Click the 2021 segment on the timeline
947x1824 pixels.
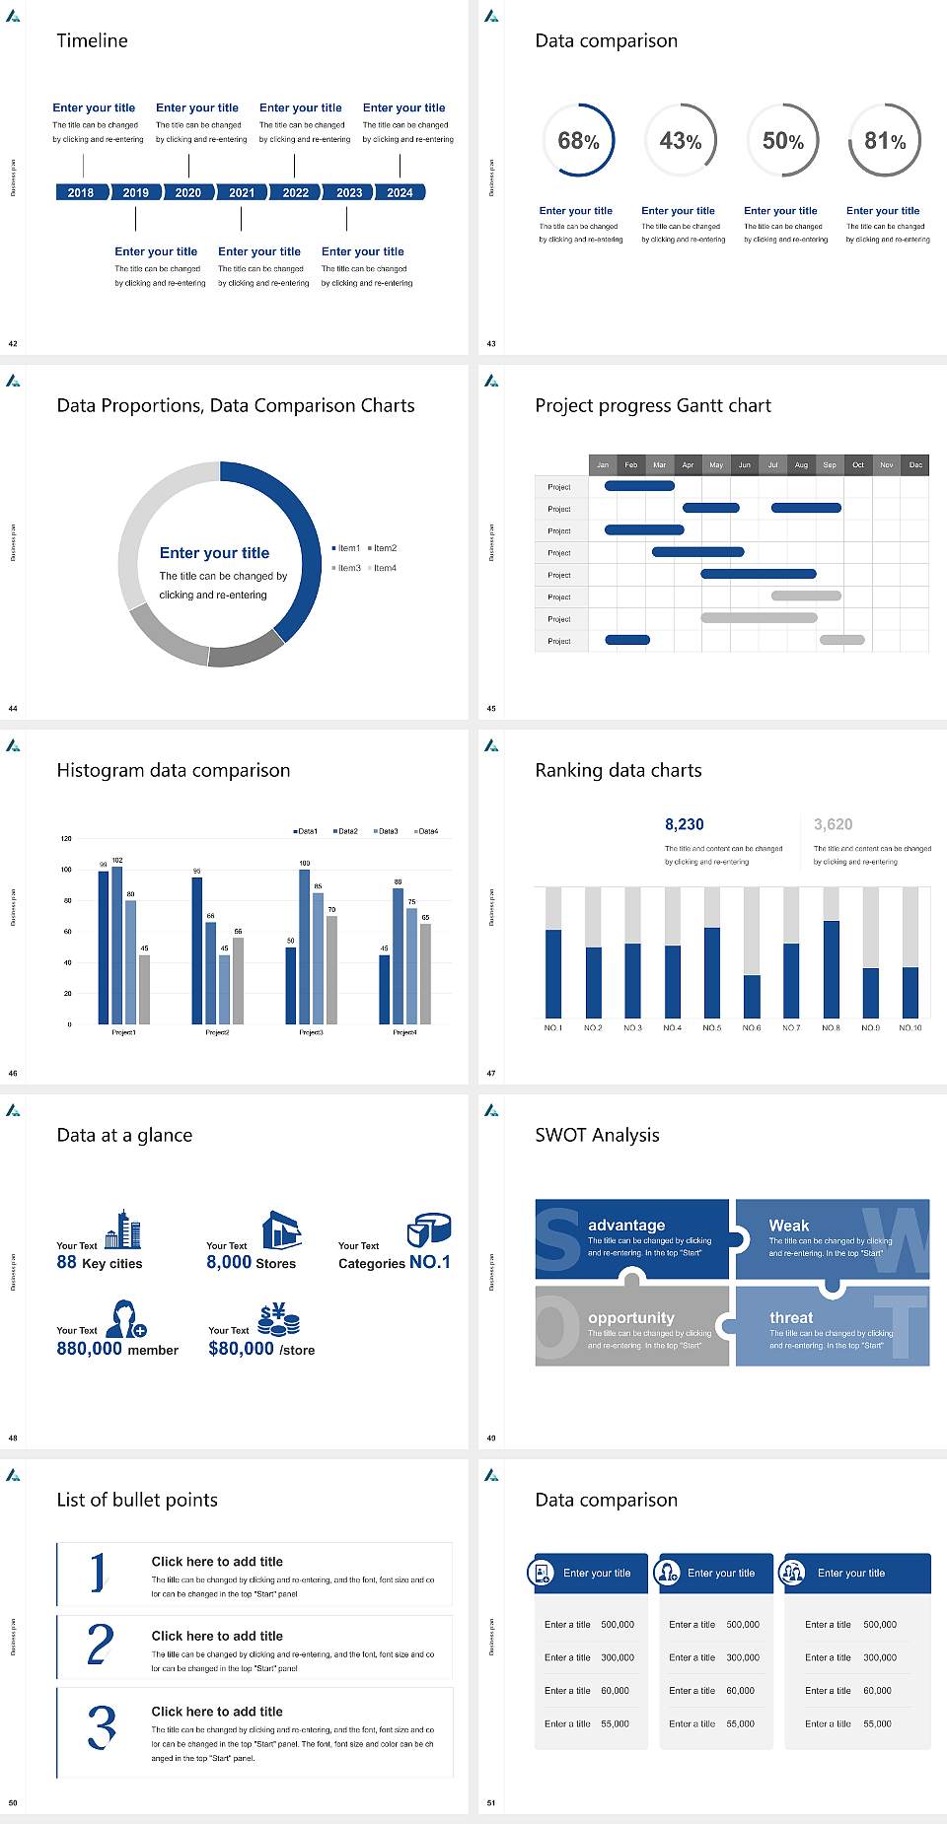pos(242,192)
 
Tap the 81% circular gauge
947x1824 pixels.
pos(885,141)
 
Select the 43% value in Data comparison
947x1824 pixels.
pos(680,141)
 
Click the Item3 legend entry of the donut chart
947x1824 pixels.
pos(347,568)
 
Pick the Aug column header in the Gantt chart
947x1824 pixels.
pos(801,464)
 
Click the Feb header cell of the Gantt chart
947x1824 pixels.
pos(631,464)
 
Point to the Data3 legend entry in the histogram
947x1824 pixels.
pos(386,831)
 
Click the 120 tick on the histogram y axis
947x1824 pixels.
pos(66,838)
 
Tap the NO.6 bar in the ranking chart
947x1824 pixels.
pos(752,996)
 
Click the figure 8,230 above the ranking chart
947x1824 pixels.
pos(684,824)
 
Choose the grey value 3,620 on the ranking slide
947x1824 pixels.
pos(833,824)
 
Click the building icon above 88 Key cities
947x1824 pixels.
pos(123,1229)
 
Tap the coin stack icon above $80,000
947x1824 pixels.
pos(279,1318)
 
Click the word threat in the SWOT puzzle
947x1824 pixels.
pos(791,1317)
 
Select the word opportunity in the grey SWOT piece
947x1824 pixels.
pos(631,1317)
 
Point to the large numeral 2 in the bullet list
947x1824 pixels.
pos(100,1646)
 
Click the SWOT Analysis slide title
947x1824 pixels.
pos(597,1135)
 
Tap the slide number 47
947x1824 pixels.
pos(491,1073)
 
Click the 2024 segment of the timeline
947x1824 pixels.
pos(400,192)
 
